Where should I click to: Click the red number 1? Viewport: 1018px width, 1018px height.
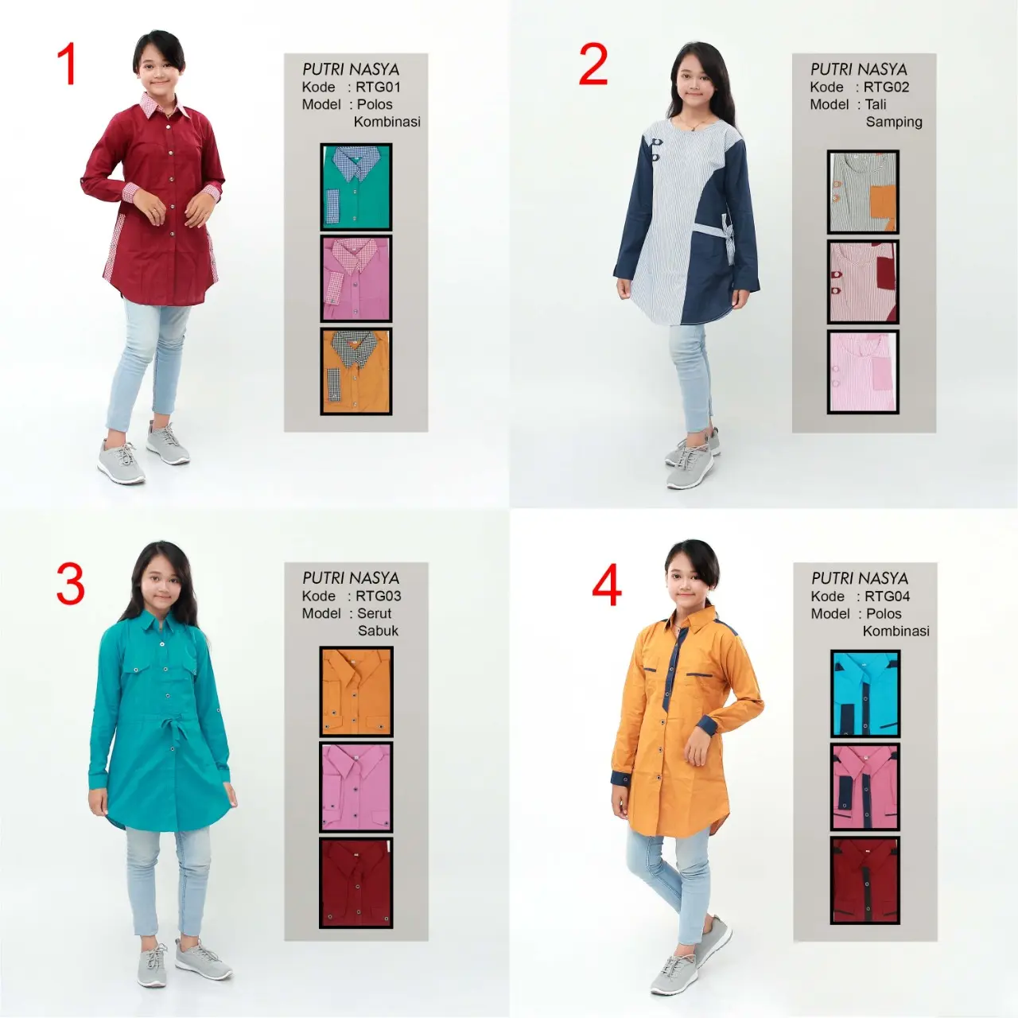click(x=68, y=64)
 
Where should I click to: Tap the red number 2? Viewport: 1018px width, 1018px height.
click(x=593, y=64)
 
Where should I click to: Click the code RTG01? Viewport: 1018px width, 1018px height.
click(x=378, y=87)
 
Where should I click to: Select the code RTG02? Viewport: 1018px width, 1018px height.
click(x=887, y=87)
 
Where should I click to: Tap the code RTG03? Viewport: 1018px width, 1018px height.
click(x=379, y=596)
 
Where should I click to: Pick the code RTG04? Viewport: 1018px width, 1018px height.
click(x=887, y=596)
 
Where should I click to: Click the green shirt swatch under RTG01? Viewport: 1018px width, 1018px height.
click(x=356, y=187)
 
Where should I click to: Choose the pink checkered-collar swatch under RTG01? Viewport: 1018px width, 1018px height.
click(x=356, y=278)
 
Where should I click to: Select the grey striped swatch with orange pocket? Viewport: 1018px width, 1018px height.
click(x=863, y=192)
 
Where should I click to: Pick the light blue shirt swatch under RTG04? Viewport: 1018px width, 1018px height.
click(x=865, y=694)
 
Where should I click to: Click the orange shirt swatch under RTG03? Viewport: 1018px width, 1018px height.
click(x=356, y=691)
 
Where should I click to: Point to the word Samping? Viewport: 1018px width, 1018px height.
click(x=894, y=122)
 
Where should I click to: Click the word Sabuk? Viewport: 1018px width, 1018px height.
click(x=378, y=631)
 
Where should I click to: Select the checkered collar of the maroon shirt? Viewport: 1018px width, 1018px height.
click(x=164, y=106)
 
